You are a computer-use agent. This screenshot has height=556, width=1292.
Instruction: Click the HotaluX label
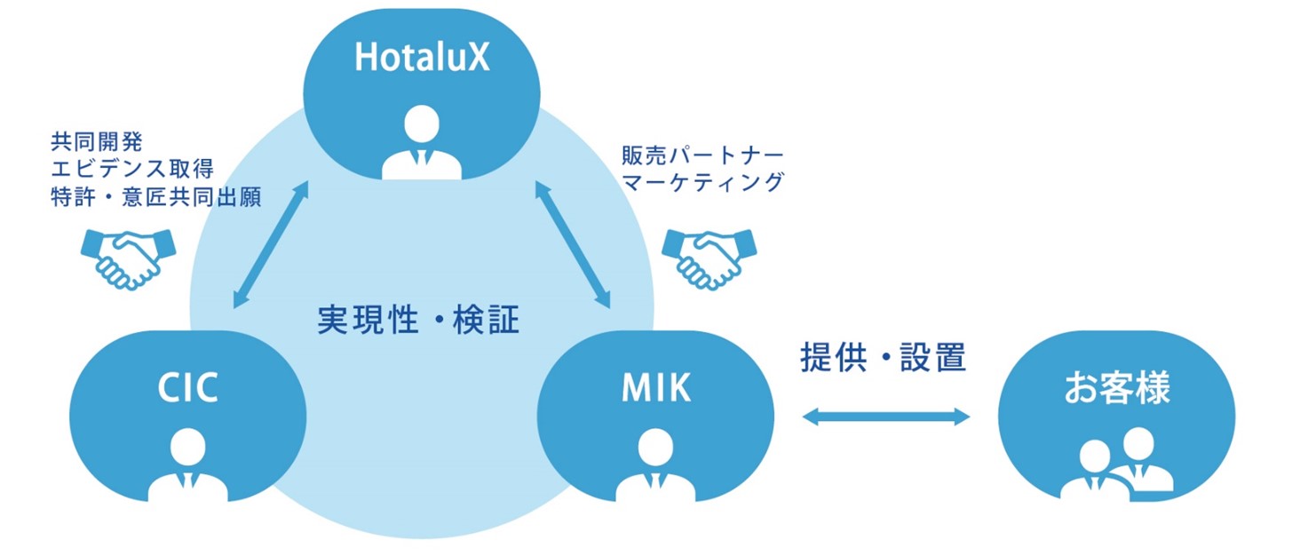pyautogui.click(x=422, y=57)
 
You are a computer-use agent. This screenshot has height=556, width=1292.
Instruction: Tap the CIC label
pyautogui.click(x=188, y=387)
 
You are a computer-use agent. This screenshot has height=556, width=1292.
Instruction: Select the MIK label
pyautogui.click(x=656, y=387)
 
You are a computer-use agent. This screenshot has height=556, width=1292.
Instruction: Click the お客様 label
pyautogui.click(x=1117, y=387)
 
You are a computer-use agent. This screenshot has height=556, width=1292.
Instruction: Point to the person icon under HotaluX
pyautogui.click(x=422, y=142)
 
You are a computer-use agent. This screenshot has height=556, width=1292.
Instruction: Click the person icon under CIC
pyautogui.click(x=188, y=465)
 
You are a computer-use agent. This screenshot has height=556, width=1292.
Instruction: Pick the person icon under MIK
pyautogui.click(x=656, y=465)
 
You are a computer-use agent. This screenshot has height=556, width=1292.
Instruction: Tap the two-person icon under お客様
pyautogui.click(x=1117, y=463)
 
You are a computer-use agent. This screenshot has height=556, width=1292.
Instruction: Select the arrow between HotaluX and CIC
pyautogui.click(x=271, y=244)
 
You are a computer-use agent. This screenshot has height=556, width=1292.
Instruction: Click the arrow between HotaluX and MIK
pyautogui.click(x=573, y=244)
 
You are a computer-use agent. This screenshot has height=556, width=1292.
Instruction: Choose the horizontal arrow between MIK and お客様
pyautogui.click(x=886, y=417)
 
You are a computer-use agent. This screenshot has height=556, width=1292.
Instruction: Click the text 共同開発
pyautogui.click(x=96, y=141)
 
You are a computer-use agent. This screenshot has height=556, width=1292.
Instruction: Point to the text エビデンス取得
pyautogui.click(x=132, y=169)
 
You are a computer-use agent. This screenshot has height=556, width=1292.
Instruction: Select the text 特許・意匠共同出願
pyautogui.click(x=155, y=196)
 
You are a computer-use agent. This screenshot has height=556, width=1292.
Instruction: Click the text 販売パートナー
pyautogui.click(x=702, y=155)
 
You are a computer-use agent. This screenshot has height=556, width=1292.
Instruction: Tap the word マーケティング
pyautogui.click(x=702, y=182)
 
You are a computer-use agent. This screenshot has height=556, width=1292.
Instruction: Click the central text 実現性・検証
pyautogui.click(x=418, y=320)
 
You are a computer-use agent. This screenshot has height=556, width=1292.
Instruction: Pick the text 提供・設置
pyautogui.click(x=883, y=357)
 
